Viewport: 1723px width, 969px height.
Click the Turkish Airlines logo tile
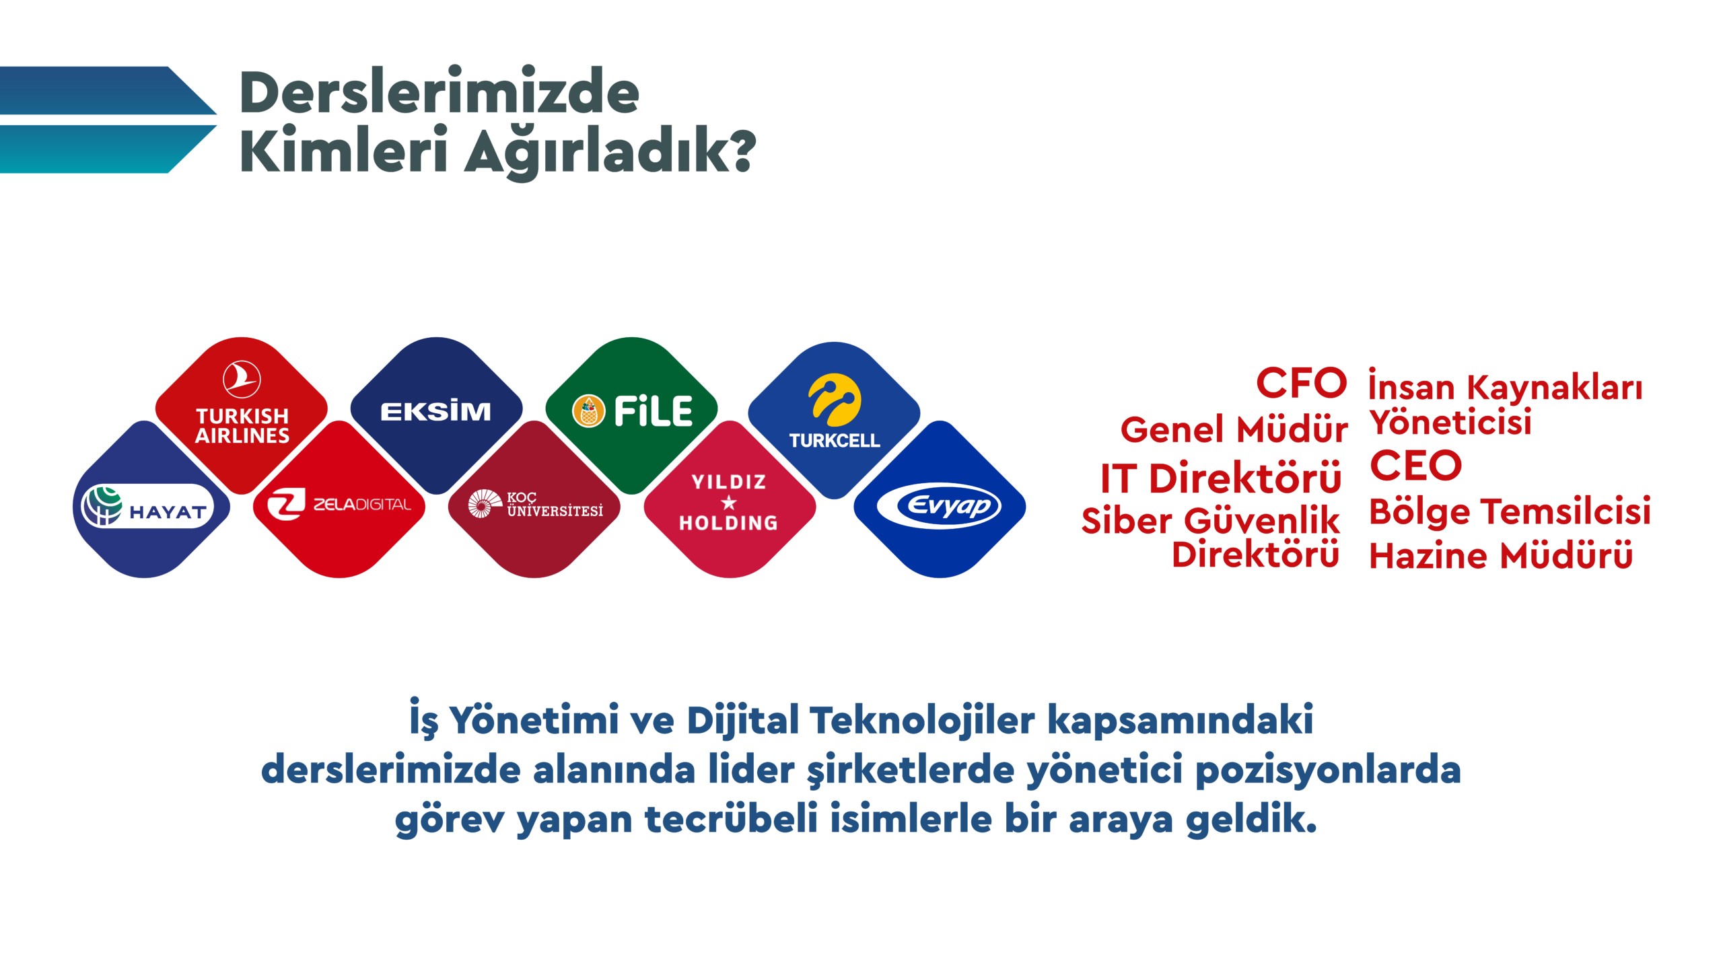pyautogui.click(x=242, y=415)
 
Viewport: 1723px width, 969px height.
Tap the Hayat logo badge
pyautogui.click(x=146, y=506)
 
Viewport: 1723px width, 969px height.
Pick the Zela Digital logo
pyautogui.click(x=339, y=505)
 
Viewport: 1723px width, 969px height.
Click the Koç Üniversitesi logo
pyautogui.click(x=535, y=505)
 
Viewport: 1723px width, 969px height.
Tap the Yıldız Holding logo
pyautogui.click(x=729, y=502)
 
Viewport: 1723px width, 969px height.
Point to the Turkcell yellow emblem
pyautogui.click(x=835, y=400)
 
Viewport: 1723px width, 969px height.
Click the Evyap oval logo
pyautogui.click(x=940, y=506)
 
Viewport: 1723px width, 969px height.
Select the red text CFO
pyautogui.click(x=1301, y=383)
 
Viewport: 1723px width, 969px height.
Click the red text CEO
pyautogui.click(x=1416, y=465)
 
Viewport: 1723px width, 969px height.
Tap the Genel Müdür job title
pyautogui.click(x=1234, y=429)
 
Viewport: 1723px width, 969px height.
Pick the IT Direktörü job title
pyautogui.click(x=1221, y=478)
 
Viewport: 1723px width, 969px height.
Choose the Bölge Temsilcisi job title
pyautogui.click(x=1510, y=511)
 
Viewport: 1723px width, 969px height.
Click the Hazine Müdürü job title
pyautogui.click(x=1502, y=556)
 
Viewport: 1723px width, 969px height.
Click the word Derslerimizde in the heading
pyautogui.click(x=439, y=92)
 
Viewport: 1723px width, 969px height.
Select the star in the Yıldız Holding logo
pyautogui.click(x=729, y=502)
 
